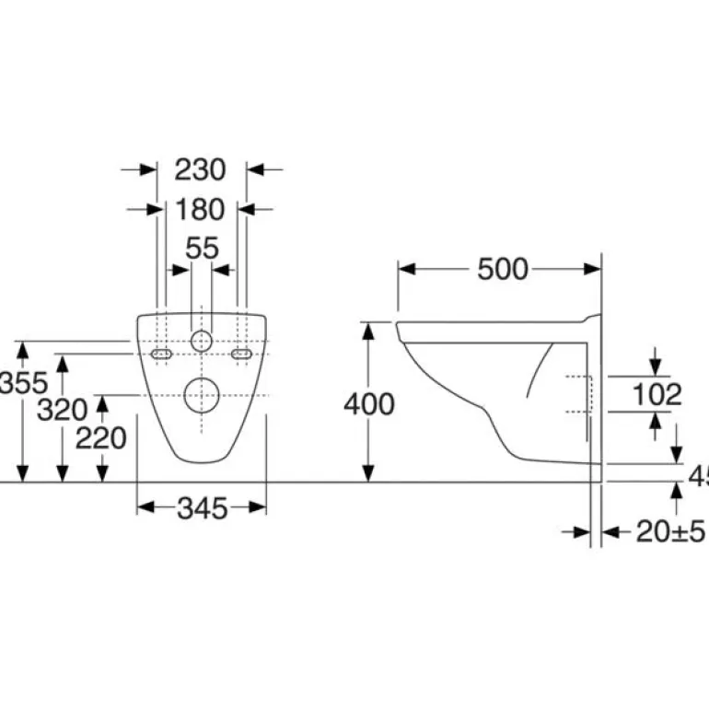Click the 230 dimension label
coord(200,169)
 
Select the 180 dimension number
coord(200,210)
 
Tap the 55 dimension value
coord(202,248)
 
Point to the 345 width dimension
coord(201,507)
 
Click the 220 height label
coord(100,437)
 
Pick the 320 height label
coord(62,410)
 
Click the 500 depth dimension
coord(502,269)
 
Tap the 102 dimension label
coord(657,394)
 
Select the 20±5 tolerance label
coord(670,531)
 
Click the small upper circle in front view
coord(201,341)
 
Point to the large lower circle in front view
coord(201,394)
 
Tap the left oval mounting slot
coord(161,354)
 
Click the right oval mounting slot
coord(242,354)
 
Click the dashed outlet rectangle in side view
coord(577,394)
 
